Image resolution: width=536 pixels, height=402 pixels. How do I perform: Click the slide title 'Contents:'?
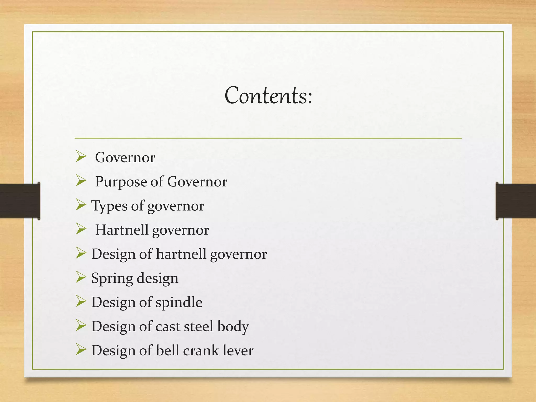[x=269, y=96]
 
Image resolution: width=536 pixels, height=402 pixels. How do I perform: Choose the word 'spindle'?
[x=179, y=303]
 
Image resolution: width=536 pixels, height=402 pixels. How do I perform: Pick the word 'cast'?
[x=168, y=327]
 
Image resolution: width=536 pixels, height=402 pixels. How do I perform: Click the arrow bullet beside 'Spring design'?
[x=81, y=277]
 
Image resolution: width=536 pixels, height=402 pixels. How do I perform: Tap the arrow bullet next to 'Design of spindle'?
[x=81, y=301]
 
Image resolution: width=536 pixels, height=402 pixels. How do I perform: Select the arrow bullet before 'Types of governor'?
[x=81, y=205]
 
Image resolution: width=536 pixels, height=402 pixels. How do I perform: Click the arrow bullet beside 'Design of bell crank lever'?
[x=81, y=350]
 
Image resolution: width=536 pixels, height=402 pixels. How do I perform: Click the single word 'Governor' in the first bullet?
[x=125, y=158]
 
